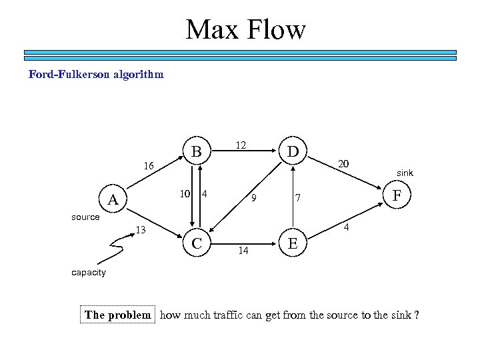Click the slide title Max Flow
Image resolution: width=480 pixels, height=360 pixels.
point(246,29)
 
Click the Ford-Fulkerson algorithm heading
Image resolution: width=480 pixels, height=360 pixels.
point(96,75)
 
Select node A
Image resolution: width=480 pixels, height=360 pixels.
point(113,199)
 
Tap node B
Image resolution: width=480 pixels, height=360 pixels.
point(196,151)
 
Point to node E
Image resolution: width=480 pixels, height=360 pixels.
point(292,244)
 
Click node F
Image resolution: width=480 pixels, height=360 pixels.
point(398,195)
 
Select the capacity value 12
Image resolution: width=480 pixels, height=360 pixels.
point(241,145)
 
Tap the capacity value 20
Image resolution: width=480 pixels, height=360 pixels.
point(343,164)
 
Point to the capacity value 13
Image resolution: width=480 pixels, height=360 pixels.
point(140,231)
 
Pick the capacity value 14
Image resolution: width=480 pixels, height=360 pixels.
point(243,251)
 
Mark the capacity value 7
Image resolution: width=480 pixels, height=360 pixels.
point(299,198)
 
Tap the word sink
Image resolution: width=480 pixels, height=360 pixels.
point(405,173)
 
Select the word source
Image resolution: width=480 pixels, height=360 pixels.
point(85,217)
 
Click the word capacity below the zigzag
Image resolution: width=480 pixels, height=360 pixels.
point(88,273)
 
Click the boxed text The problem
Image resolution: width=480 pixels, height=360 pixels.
point(117,315)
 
